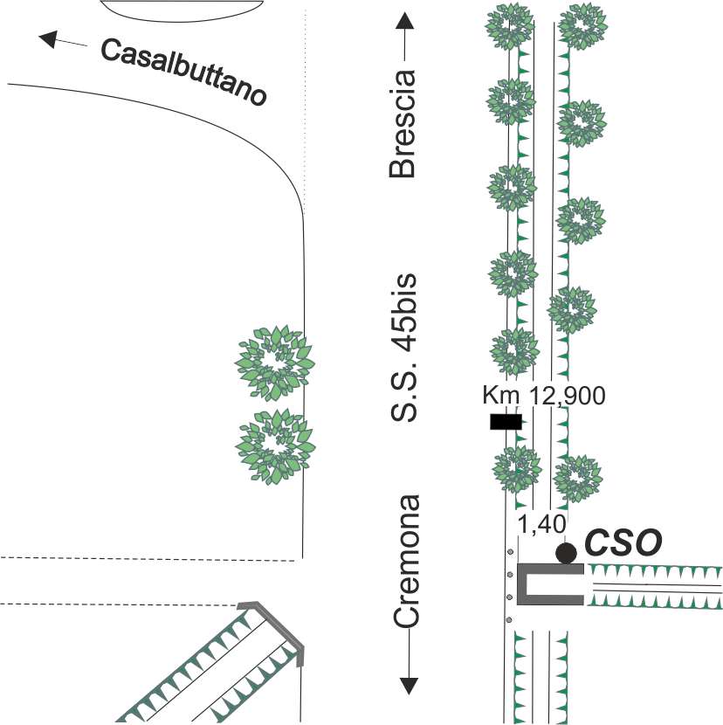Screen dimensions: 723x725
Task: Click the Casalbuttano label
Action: [184, 72]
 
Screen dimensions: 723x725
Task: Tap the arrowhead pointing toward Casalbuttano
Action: [48, 39]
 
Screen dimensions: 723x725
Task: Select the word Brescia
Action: [403, 124]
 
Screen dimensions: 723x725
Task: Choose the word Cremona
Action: [407, 562]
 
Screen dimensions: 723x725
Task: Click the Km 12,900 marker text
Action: [544, 396]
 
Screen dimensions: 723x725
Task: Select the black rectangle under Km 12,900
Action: [506, 422]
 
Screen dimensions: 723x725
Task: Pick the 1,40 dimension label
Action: [541, 524]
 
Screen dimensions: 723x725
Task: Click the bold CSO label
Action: [623, 542]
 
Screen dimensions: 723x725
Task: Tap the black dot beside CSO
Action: [567, 553]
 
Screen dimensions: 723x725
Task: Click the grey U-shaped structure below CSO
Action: [521, 584]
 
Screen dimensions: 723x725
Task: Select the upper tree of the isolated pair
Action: [275, 362]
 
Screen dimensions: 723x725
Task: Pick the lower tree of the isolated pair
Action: [276, 446]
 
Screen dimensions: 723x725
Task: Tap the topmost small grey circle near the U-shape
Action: [510, 552]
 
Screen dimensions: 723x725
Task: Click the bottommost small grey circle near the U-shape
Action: [509, 619]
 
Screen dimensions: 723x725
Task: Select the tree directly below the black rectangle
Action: [518, 471]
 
